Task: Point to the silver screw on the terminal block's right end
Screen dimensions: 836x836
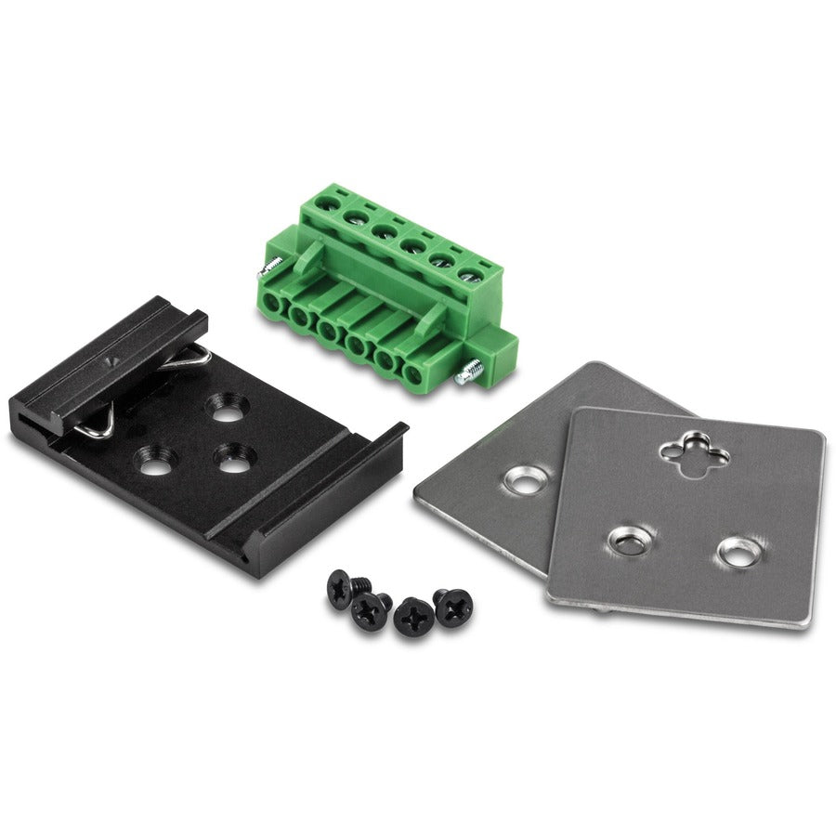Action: tap(467, 373)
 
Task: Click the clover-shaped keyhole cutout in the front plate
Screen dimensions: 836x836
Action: tap(694, 452)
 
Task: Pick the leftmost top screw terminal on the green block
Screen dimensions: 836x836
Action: tap(326, 198)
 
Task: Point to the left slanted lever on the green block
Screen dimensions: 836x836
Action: tap(310, 257)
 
